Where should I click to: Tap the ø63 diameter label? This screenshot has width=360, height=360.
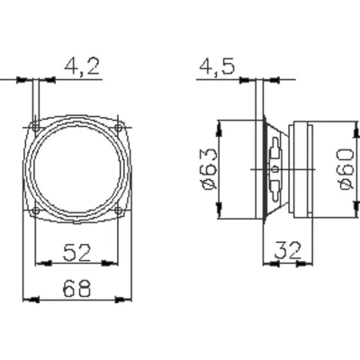tap(206, 168)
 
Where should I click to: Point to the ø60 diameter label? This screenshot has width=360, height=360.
tap(345, 168)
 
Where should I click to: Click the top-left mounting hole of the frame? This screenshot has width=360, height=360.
tap(35, 125)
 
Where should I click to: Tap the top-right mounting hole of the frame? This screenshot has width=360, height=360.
tap(120, 125)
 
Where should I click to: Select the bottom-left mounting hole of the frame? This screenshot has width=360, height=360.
tap(35, 211)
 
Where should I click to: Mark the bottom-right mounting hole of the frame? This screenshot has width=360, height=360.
tap(120, 211)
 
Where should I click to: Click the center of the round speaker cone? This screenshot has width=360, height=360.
tap(77, 168)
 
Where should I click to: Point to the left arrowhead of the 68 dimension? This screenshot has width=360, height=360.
tap(26, 299)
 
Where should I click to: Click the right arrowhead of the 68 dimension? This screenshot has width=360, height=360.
tap(129, 299)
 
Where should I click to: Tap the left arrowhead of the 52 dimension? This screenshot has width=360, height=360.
tap(40, 264)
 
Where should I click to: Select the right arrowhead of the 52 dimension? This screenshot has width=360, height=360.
tap(114, 264)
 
